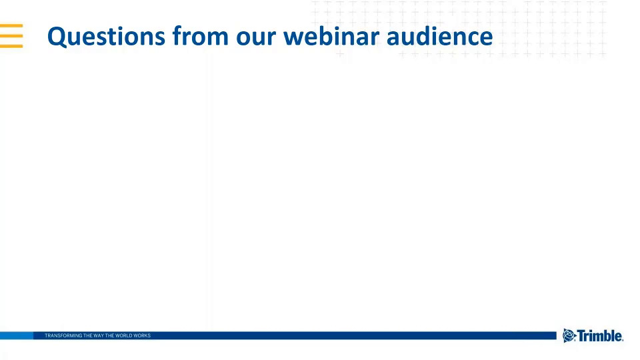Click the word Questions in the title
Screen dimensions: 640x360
tap(106, 37)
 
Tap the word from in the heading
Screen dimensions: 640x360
tap(201, 35)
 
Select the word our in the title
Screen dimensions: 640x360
tap(256, 38)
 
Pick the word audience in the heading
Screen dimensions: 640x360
tap(439, 35)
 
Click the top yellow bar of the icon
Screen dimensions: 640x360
tap(11, 26)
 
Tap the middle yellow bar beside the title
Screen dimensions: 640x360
tap(11, 36)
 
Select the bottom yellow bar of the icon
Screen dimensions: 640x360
tap(11, 46)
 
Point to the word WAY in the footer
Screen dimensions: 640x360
tap(99, 335)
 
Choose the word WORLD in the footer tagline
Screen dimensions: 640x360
tap(124, 335)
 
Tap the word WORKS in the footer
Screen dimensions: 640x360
tap(142, 335)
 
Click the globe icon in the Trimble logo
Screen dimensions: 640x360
tap(569, 335)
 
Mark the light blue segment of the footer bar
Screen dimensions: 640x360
tap(16, 335)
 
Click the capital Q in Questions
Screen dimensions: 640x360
tap(57, 37)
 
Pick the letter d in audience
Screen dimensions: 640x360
tap(425, 35)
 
